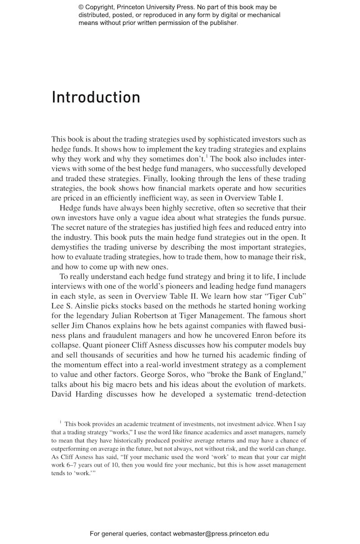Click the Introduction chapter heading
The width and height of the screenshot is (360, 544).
96,97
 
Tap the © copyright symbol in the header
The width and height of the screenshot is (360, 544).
81,7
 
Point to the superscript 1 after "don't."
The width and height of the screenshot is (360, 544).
207,156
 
